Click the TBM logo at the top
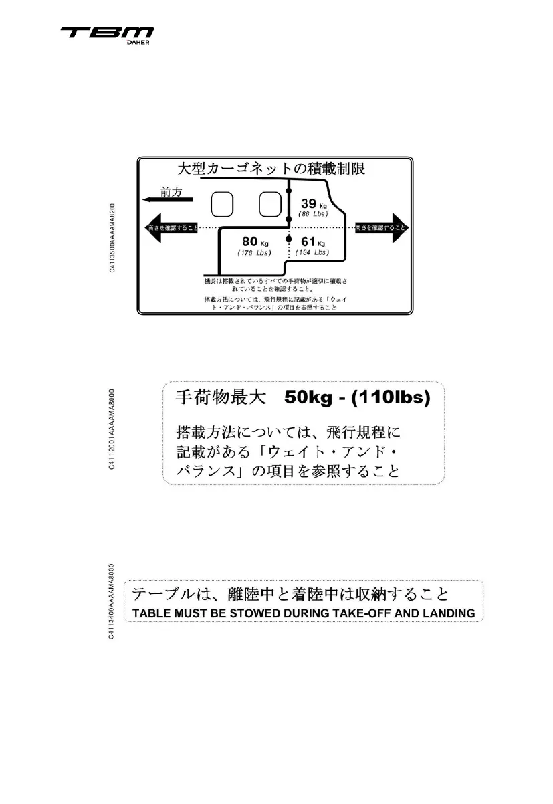[x=107, y=33]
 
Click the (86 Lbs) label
[x=312, y=213]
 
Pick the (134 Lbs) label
[x=312, y=253]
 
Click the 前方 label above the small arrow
[x=171, y=191]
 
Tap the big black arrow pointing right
[x=382, y=228]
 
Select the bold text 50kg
[x=312, y=397]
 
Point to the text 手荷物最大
[x=212, y=398]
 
